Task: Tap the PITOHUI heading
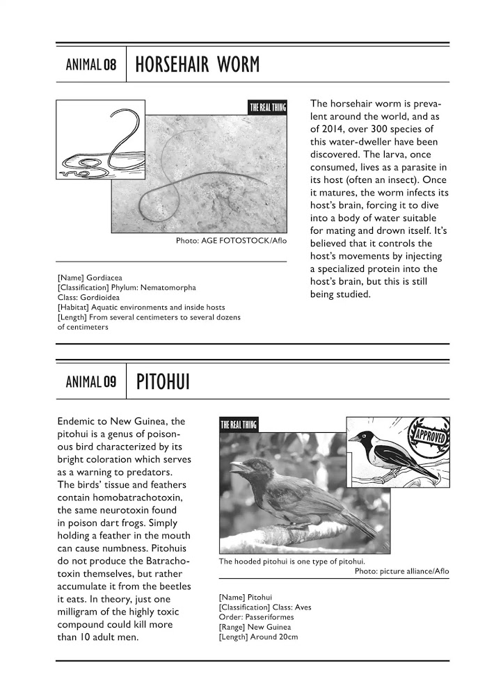(x=163, y=382)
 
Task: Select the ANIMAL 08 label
(x=90, y=66)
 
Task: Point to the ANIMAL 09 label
(x=90, y=382)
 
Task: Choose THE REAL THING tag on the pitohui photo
(x=238, y=425)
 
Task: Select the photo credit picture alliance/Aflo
(x=401, y=571)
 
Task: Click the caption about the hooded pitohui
(x=292, y=561)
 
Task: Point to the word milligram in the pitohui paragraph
(x=86, y=612)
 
